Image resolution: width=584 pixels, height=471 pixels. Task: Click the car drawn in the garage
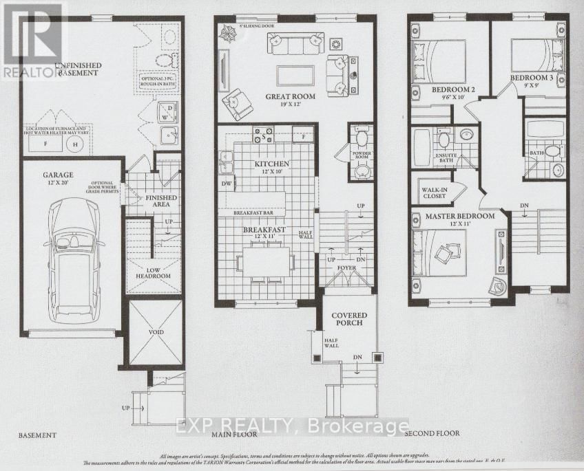74,261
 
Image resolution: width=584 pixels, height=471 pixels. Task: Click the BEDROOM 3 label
532,82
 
